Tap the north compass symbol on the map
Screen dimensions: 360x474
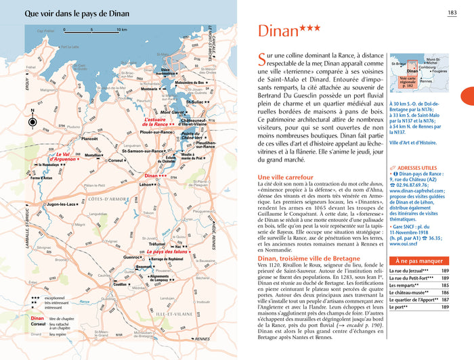coord(33,122)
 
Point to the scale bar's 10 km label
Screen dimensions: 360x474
coord(122,30)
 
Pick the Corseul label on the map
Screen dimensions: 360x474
coord(117,160)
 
